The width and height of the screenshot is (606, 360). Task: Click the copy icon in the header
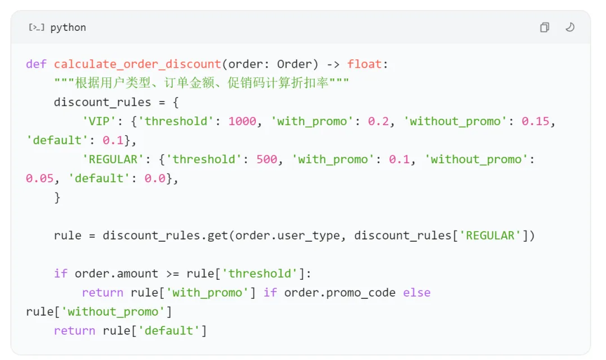544,27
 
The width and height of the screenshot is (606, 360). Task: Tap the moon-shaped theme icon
570,27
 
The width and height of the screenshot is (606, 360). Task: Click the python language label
68,27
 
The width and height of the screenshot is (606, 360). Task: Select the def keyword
36,64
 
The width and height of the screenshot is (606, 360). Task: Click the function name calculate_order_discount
137,64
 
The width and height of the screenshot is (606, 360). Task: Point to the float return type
364,64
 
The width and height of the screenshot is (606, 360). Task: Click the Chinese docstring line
201,83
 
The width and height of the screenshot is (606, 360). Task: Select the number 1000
242,121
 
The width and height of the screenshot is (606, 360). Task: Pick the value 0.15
535,121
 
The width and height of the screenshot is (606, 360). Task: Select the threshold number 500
267,159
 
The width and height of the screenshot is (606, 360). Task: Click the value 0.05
39,178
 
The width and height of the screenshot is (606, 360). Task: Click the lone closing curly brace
57,197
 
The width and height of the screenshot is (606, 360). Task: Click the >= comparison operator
172,274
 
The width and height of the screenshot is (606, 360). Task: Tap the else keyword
416,293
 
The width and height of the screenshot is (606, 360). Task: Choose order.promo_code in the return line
340,293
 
